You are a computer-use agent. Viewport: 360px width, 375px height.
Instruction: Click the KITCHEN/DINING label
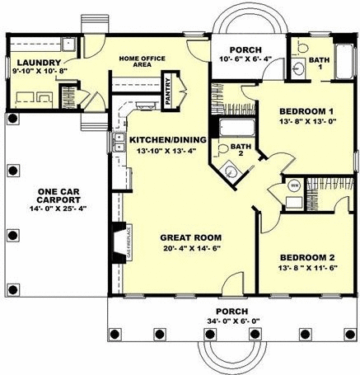[x=163, y=140]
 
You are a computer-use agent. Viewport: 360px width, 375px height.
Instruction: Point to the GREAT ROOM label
[x=190, y=237]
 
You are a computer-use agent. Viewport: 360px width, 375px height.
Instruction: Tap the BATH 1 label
[x=318, y=63]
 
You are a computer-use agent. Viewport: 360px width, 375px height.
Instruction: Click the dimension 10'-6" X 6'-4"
[x=245, y=59]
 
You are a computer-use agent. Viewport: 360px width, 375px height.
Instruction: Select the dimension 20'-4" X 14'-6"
[x=190, y=248]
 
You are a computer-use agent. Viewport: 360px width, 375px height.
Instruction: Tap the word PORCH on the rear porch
[x=245, y=49]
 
